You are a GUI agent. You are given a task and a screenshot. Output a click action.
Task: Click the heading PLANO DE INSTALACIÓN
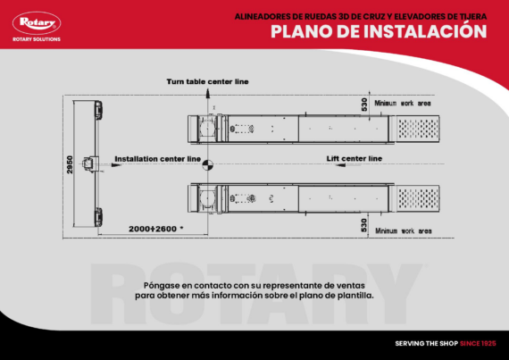[x=379, y=32]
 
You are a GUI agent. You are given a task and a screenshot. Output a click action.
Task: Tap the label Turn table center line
[x=207, y=81]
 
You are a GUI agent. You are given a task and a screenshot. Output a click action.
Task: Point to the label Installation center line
[x=157, y=158]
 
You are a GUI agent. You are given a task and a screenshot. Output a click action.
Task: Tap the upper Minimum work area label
[x=403, y=104]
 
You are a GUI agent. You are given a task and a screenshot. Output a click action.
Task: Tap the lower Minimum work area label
[x=403, y=231]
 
